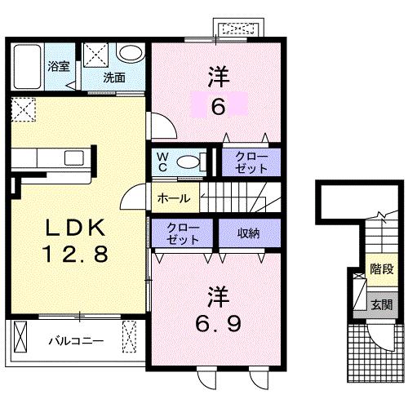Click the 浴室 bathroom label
pos(57,67)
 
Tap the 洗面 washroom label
pos(113,78)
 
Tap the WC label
pos(161,160)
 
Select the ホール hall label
pos(173,198)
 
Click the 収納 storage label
pos(248,233)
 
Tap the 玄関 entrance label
pos(381,305)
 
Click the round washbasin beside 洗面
pos(130,54)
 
